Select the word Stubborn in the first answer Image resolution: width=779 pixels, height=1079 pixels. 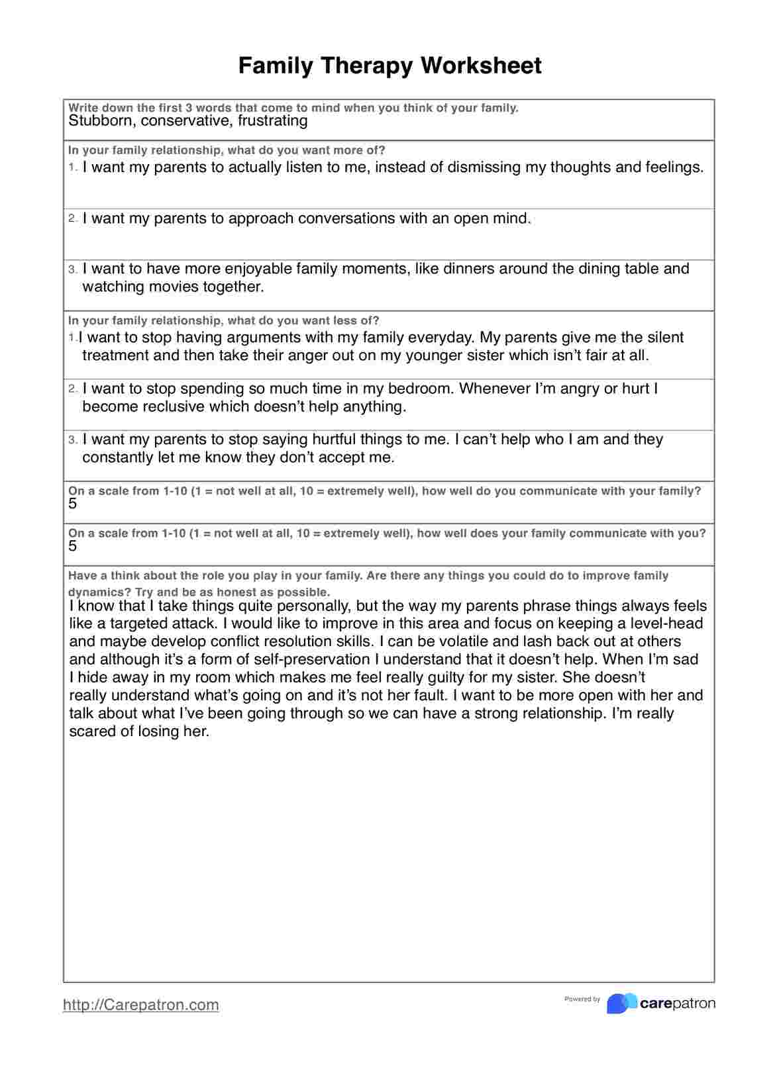[x=102, y=120]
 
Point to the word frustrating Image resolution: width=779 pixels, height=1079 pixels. [x=273, y=120]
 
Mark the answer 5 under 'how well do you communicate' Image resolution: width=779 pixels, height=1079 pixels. [x=73, y=504]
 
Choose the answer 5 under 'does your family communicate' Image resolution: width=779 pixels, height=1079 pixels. [x=73, y=546]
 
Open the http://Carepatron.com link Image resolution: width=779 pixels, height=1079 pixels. [x=140, y=1005]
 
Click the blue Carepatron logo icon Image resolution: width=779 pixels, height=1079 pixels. [x=621, y=1004]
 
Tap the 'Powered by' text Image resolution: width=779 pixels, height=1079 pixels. [x=582, y=999]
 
